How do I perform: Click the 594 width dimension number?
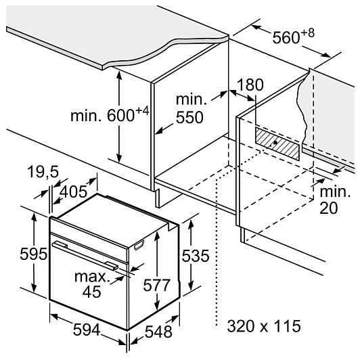pos(87,330)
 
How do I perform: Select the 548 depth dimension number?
pos(158,332)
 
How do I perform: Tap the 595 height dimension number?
pos(34,254)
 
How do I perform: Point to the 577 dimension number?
pos(157,285)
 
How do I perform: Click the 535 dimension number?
pos(196,256)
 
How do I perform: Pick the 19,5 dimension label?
pos(43,171)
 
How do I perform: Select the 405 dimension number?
pos(74,192)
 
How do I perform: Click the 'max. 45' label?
pos(91,284)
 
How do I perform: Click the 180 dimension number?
pos(250,85)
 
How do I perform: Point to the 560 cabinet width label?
pos(293,36)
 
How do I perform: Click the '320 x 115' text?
pos(264,325)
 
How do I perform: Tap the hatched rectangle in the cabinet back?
pos(277,143)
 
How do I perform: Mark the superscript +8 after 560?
pos(307,33)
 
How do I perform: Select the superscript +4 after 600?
pos(142,111)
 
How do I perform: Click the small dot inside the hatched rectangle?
pos(275,142)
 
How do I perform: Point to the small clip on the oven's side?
pos(139,245)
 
